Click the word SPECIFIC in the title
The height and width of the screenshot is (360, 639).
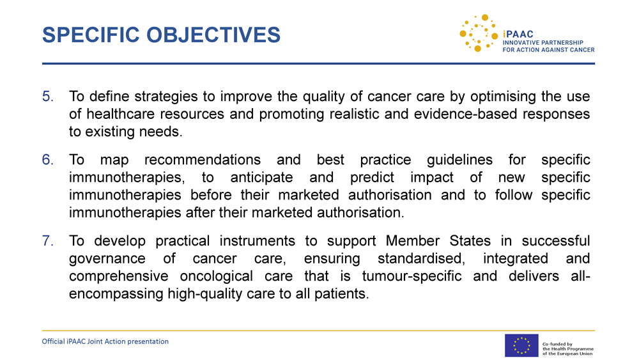tap(91, 35)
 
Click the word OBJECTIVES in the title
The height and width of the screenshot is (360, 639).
tap(213, 35)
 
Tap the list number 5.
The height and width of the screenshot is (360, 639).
tap(48, 97)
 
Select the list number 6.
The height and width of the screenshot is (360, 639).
tap(48, 160)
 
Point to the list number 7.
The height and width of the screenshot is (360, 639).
tap(48, 241)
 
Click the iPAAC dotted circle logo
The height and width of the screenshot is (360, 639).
tap(479, 33)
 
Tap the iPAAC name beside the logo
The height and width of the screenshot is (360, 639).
tap(518, 35)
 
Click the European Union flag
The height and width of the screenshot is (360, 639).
tap(521, 346)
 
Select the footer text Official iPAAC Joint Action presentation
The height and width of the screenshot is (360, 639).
tap(105, 341)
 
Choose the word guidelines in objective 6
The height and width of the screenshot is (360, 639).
tap(459, 160)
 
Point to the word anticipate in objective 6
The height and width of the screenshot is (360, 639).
tap(261, 178)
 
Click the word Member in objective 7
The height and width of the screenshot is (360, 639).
tap(412, 241)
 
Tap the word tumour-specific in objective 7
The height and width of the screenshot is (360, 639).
tap(412, 276)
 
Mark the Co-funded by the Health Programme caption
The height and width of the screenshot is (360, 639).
tap(568, 348)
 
